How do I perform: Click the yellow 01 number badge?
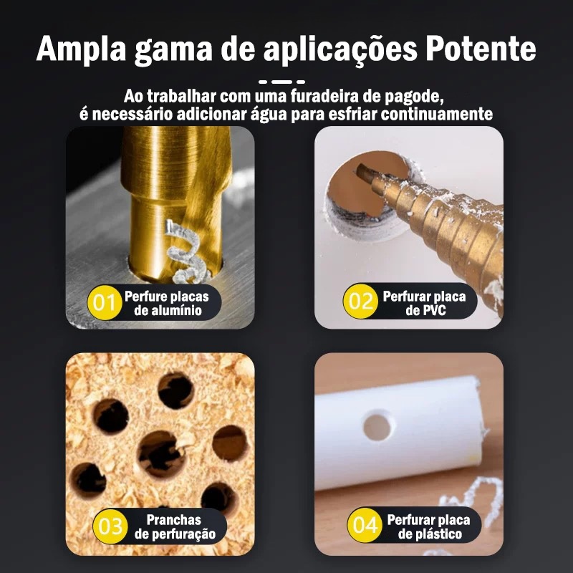pyautogui.click(x=105, y=302)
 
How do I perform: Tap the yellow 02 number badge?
pyautogui.click(x=360, y=301)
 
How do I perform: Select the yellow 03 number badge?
pyautogui.click(x=110, y=526)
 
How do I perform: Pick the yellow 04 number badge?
pyautogui.click(x=365, y=525)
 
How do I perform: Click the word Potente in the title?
pyautogui.click(x=481, y=49)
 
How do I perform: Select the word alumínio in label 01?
pyautogui.click(x=168, y=311)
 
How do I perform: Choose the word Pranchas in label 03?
pyautogui.click(x=173, y=520)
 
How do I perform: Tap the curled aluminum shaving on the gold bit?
pyautogui.click(x=186, y=252)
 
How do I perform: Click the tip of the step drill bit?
pyautogui.click(x=360, y=168)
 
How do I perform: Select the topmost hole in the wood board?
pyautogui.click(x=175, y=390)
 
